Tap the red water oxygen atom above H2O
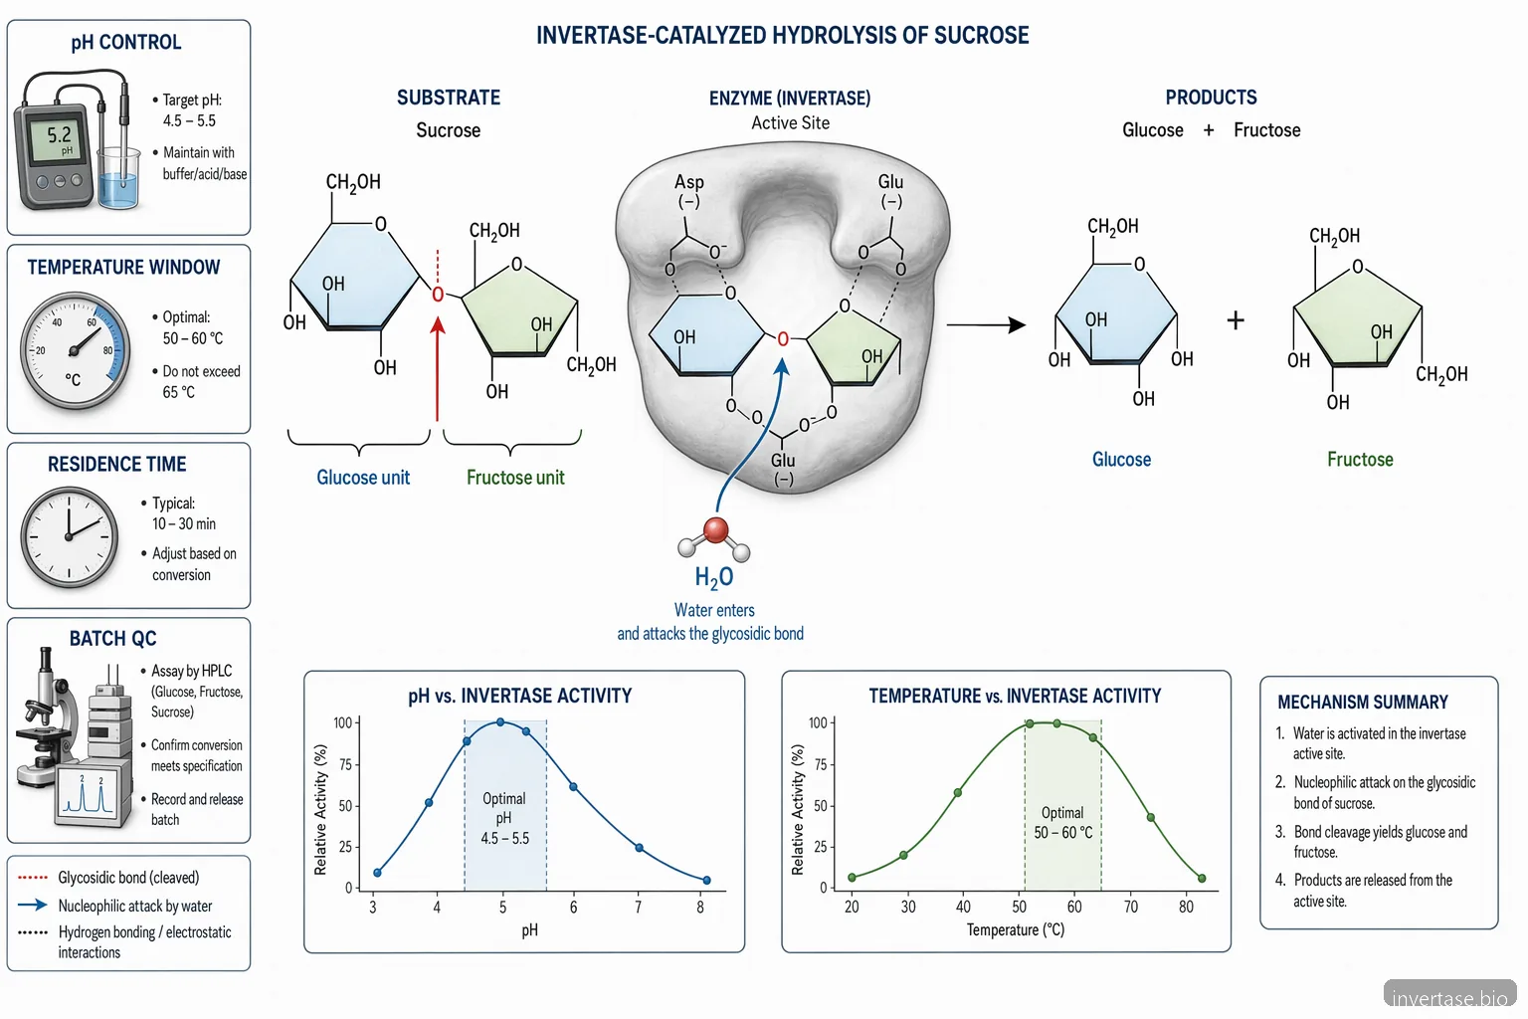[715, 530]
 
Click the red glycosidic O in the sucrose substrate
[438, 295]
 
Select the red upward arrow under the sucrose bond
[438, 368]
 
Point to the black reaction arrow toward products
[987, 324]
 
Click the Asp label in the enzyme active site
[689, 182]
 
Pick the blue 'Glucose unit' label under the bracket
[363, 477]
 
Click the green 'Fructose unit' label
[515, 477]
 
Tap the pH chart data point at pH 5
[500, 722]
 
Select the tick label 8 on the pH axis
[700, 908]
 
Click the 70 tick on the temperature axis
[1131, 907]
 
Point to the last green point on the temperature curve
[1202, 879]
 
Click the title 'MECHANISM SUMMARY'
[1363, 703]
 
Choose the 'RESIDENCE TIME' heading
[116, 464]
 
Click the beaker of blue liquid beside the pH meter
[118, 177]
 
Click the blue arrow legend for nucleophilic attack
[32, 906]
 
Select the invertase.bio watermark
[1449, 998]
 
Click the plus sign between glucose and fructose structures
[1236, 320]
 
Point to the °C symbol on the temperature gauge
[73, 379]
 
